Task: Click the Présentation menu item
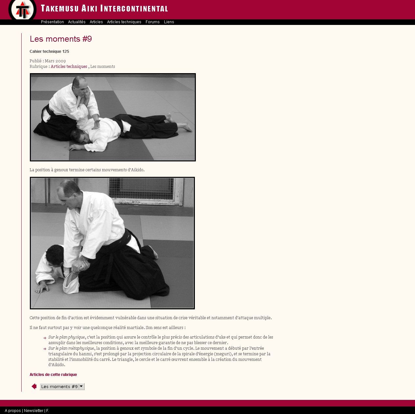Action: tap(52, 22)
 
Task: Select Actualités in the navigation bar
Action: tap(77, 22)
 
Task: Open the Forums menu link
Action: tap(153, 22)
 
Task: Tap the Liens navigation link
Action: tap(169, 22)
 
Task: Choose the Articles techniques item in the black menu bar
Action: tap(124, 22)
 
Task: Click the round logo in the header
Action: tap(22, 10)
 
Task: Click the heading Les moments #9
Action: tap(61, 39)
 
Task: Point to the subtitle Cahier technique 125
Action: tap(49, 52)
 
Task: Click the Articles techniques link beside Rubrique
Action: tap(69, 67)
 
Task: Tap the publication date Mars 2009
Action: tap(55, 61)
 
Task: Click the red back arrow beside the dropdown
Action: tap(34, 386)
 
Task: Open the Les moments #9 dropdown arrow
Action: tap(81, 386)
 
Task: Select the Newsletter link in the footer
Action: tap(33, 410)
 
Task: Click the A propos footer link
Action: tap(13, 410)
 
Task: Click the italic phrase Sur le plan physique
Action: tap(67, 337)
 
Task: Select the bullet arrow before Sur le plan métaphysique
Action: tap(45, 349)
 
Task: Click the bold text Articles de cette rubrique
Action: tap(53, 375)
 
